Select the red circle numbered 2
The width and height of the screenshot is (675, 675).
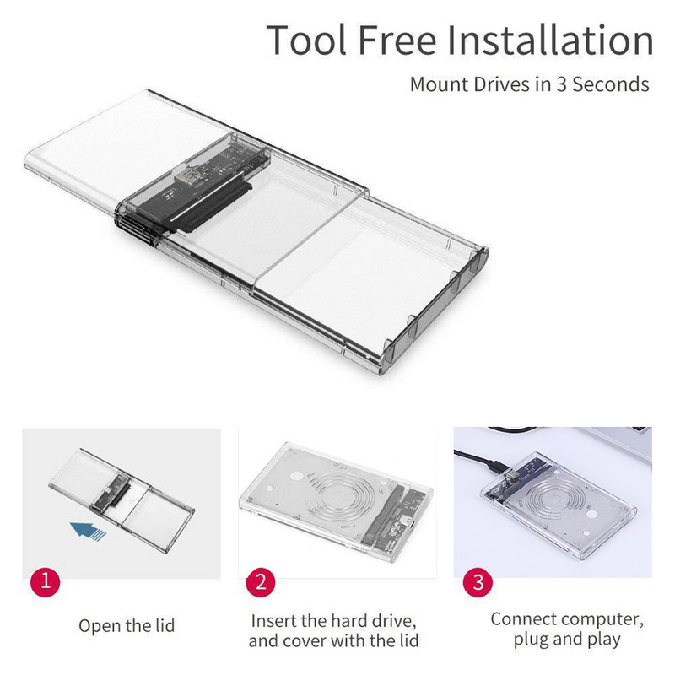(x=261, y=583)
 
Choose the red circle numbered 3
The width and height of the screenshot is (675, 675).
(x=478, y=582)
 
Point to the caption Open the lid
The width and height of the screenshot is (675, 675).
(x=127, y=626)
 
